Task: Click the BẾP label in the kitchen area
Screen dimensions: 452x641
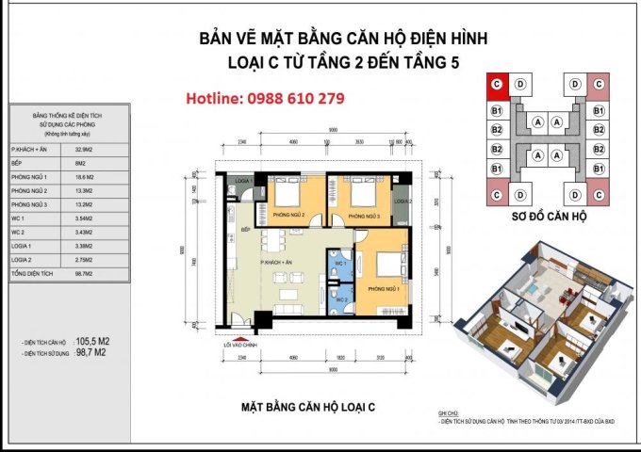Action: pos(244,228)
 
